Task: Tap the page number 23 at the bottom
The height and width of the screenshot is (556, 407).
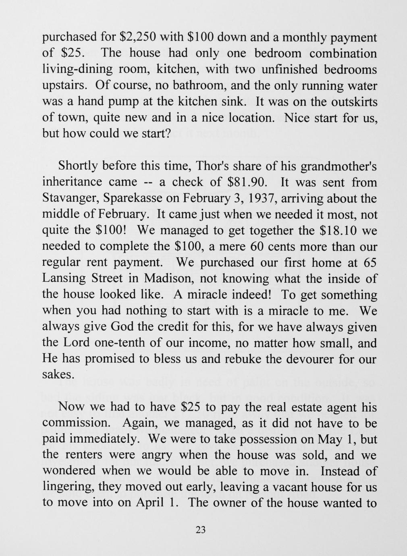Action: click(x=200, y=530)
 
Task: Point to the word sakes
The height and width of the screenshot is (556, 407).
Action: click(x=58, y=375)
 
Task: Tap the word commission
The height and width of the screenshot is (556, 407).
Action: click(x=77, y=423)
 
